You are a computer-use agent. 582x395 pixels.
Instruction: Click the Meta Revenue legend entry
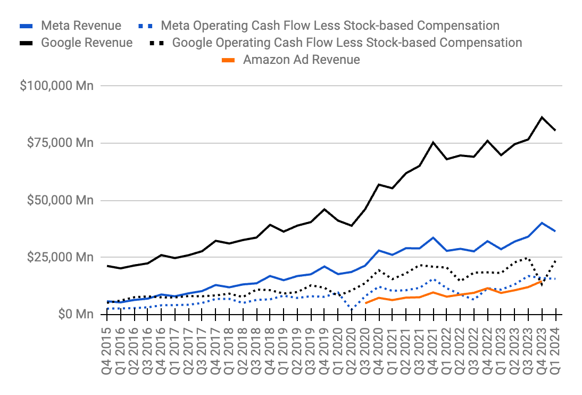[x=81, y=26]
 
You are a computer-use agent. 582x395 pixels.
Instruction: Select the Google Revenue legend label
[x=87, y=43]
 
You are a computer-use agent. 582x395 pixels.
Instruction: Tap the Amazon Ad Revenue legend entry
[x=301, y=60]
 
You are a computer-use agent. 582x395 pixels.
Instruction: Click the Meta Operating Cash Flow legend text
[x=330, y=26]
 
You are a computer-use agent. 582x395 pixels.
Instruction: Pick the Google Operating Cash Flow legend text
[x=347, y=43]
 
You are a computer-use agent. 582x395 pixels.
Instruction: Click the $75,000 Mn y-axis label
[x=60, y=143]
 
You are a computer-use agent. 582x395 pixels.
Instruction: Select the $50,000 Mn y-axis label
[x=60, y=201]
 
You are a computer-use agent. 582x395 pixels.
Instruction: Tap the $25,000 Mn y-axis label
[x=60, y=258]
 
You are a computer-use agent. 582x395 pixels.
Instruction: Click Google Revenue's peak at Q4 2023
[x=542, y=117]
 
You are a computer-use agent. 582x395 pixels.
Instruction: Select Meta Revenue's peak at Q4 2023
[x=542, y=223]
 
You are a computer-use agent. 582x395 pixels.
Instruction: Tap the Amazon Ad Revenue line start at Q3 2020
[x=365, y=303]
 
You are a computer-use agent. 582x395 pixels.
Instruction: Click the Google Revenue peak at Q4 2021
[x=433, y=142]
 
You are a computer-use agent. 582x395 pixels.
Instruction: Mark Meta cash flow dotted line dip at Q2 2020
[x=352, y=308]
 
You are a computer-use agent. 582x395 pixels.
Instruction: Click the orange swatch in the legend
[x=227, y=60]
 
